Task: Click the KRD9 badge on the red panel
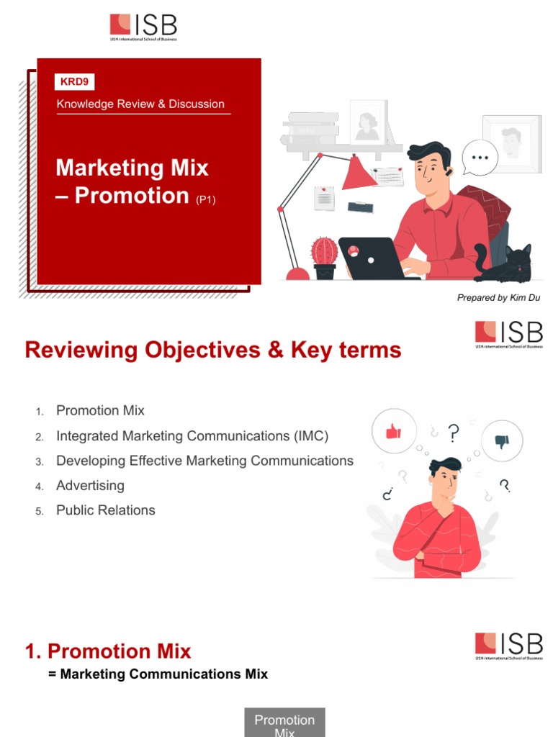[x=75, y=82]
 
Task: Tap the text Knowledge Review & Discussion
[x=140, y=104]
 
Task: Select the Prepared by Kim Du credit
[x=498, y=298]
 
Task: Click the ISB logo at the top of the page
[x=143, y=27]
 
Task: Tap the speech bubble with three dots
[x=479, y=157]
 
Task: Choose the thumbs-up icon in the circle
[x=393, y=431]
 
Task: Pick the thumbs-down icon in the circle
[x=501, y=440]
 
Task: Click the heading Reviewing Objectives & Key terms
[x=213, y=351]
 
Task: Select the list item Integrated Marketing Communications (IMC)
[x=192, y=436]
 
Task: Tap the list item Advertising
[x=90, y=486]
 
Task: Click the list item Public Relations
[x=105, y=510]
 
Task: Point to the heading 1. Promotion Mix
[x=108, y=651]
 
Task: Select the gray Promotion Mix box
[x=284, y=723]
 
